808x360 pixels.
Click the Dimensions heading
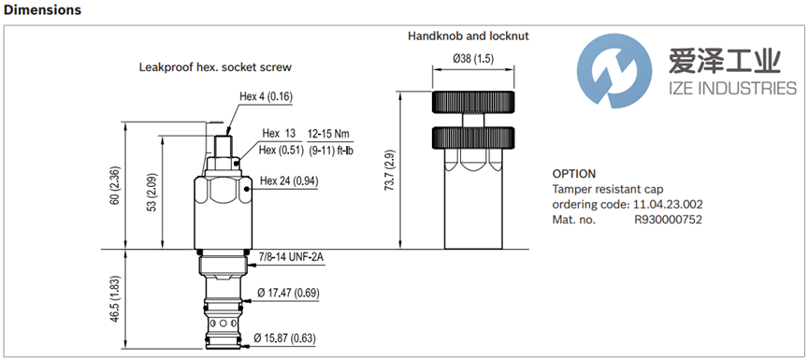42,9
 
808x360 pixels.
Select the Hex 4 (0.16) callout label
266,96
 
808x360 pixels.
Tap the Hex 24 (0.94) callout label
289,180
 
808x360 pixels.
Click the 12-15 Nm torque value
328,134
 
